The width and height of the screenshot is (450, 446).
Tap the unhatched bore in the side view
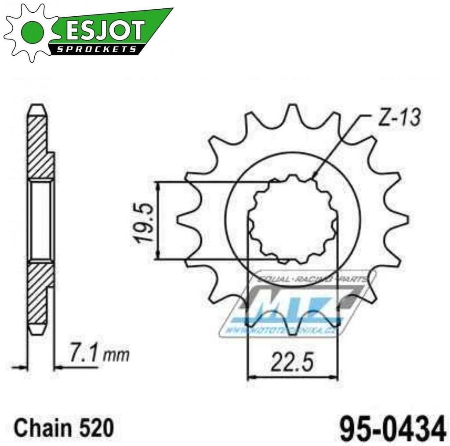tap(40, 219)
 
